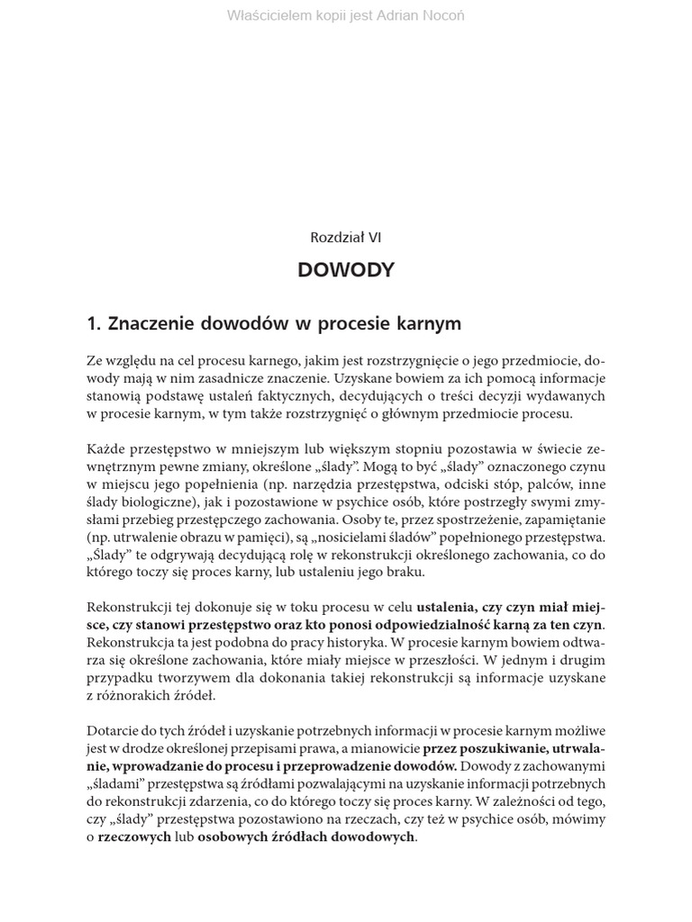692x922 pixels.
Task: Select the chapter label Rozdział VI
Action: (x=346, y=238)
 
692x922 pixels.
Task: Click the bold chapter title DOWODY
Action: (x=346, y=270)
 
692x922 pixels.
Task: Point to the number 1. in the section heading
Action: (x=94, y=323)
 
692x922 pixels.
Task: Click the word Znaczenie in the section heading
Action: (x=149, y=323)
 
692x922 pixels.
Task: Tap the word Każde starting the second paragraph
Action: (x=106, y=447)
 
